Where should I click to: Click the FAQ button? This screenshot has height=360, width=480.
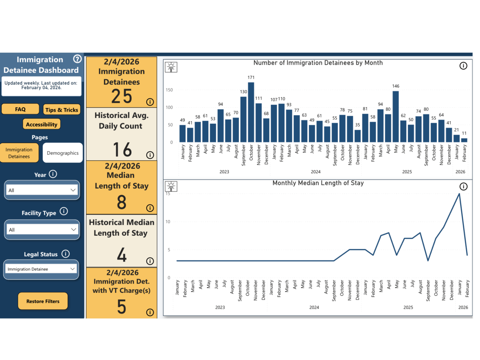20,109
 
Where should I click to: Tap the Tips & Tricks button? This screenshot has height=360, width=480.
62,110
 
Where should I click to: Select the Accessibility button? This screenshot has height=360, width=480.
42,124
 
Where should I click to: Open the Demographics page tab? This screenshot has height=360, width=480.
63,153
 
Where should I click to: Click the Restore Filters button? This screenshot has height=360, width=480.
43,301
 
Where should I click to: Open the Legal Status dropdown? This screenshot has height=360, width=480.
41,269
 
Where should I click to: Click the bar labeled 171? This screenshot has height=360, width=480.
251,112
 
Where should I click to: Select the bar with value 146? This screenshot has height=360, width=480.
396,116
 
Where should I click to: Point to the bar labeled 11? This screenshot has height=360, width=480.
464,140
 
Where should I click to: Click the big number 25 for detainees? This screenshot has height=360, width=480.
122,96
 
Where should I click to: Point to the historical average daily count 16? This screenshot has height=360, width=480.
122,150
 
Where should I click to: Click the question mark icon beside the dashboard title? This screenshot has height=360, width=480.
77,59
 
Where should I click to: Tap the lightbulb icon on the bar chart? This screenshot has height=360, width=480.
171,67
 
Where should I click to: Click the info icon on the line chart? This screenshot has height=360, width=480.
463,186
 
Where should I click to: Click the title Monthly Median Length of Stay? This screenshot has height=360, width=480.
318,183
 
